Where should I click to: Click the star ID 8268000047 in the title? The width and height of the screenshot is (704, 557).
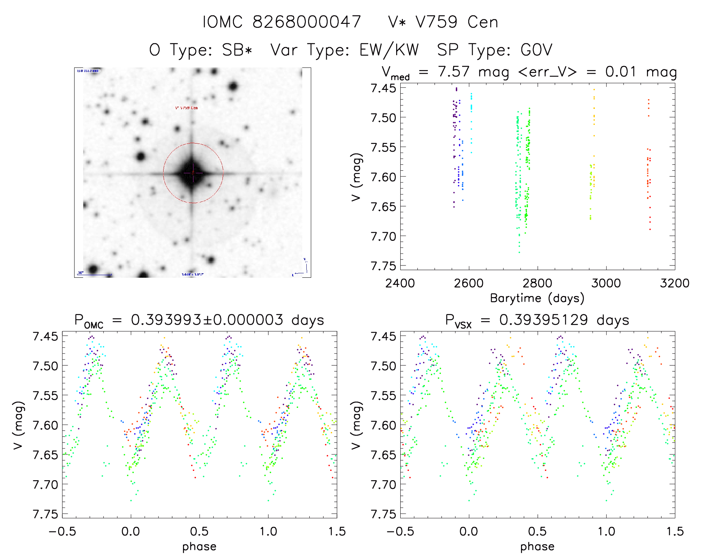click(x=306, y=22)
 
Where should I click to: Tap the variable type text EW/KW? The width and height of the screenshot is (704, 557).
click(x=389, y=50)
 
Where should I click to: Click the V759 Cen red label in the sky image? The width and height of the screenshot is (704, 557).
click(x=186, y=108)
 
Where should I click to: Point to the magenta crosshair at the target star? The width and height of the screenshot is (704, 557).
click(x=193, y=173)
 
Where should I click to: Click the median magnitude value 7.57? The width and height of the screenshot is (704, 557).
click(x=454, y=72)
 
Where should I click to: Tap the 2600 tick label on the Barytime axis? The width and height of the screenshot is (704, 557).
click(x=469, y=283)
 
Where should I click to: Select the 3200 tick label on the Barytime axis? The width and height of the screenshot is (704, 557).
click(x=675, y=283)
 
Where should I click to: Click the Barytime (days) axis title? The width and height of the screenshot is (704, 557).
click(x=537, y=298)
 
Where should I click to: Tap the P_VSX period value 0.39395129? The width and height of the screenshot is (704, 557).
click(x=543, y=320)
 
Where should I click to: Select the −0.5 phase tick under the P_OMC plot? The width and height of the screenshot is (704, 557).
click(x=62, y=532)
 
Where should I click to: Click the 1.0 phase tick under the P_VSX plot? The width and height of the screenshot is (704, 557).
click(x=606, y=532)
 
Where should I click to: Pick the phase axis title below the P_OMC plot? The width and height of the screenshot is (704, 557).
click(x=199, y=547)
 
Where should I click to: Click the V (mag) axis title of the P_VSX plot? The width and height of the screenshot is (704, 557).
click(x=356, y=425)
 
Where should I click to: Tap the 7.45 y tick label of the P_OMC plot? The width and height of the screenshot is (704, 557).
click(x=45, y=336)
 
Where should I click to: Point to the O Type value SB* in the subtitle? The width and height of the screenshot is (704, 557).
click(x=237, y=50)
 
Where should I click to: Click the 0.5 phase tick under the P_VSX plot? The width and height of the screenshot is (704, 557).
click(x=537, y=532)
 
